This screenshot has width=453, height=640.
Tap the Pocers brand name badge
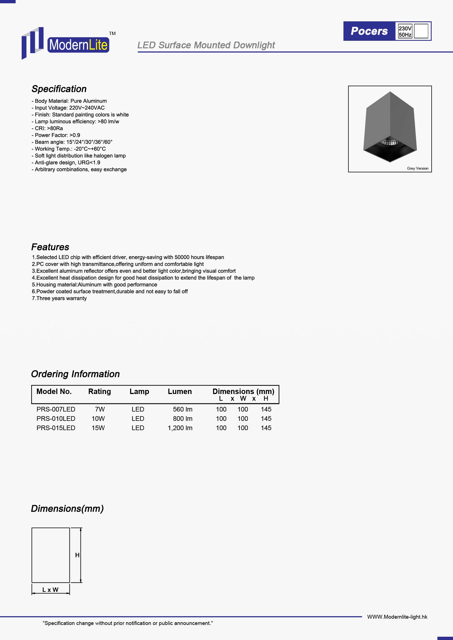[x=369, y=31]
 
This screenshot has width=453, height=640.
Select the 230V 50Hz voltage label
[x=405, y=31]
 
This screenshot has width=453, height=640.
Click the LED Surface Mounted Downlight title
[x=206, y=45]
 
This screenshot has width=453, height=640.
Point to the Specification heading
[x=59, y=89]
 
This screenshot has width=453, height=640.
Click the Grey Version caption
[x=417, y=168]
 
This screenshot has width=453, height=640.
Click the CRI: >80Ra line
[x=47, y=128]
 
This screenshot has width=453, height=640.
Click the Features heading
[x=50, y=247]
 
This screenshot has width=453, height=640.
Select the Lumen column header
[x=180, y=391]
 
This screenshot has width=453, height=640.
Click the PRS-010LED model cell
[x=56, y=418]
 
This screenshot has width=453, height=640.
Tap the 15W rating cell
[x=98, y=428]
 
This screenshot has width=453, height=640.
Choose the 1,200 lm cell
[x=180, y=428]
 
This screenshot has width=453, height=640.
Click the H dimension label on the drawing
[x=77, y=555]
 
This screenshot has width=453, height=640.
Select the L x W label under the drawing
[x=50, y=590]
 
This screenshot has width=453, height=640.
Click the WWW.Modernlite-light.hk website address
[x=397, y=617]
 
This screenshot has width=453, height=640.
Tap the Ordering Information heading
[x=75, y=374]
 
